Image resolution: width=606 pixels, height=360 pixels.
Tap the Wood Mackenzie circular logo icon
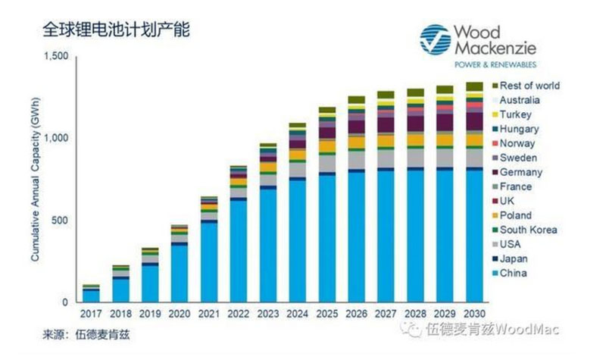pos(435,40)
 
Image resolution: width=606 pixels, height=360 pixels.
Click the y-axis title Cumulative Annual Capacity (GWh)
pos(36,179)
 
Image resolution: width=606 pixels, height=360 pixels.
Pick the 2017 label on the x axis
pos(91,315)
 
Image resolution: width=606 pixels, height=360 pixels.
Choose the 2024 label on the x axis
pos(297,315)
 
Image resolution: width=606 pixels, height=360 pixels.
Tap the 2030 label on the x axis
pos(474,315)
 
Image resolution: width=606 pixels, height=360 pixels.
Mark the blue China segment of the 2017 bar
pos(91,296)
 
